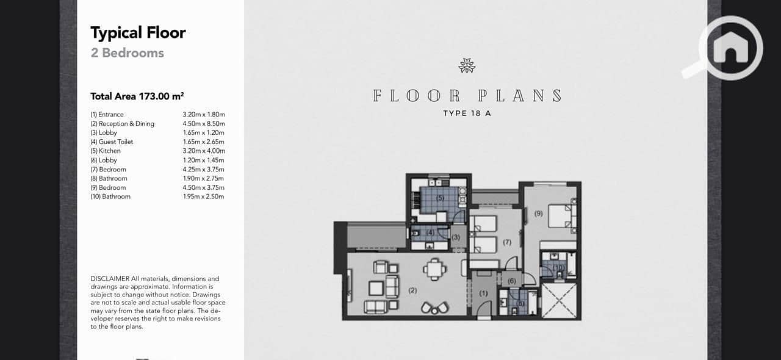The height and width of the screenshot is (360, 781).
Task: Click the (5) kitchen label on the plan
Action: point(440,198)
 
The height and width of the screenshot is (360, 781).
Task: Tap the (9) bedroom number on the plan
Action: point(538,213)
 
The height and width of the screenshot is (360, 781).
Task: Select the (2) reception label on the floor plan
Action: point(412,290)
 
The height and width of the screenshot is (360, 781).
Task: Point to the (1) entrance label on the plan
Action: point(483,293)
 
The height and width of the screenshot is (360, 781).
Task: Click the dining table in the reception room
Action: point(434,269)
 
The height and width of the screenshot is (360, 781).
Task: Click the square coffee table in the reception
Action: point(376,289)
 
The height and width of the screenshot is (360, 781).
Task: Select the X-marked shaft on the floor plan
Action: point(559,301)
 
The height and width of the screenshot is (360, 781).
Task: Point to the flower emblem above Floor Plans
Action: point(467,65)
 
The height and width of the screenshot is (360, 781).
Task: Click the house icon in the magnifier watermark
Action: point(731,47)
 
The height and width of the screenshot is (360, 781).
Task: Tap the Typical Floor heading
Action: point(138,33)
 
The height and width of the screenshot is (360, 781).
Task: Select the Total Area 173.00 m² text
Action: point(137,96)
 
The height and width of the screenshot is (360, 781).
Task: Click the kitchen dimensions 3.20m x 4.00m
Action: point(204,151)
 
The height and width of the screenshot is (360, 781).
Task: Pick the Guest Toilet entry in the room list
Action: point(112,142)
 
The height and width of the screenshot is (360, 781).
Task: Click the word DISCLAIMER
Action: point(110,279)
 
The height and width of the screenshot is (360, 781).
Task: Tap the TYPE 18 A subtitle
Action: point(467,113)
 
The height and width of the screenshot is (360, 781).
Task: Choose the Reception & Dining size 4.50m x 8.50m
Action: point(204,124)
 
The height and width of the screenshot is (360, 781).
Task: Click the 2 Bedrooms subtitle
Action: point(128,53)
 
